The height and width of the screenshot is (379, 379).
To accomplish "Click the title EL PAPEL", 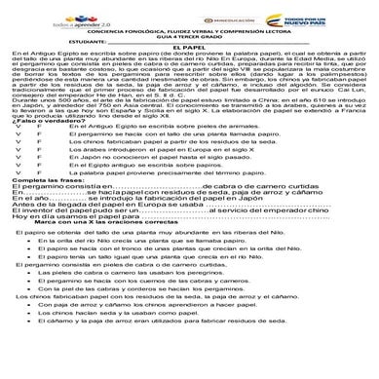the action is click(189, 46).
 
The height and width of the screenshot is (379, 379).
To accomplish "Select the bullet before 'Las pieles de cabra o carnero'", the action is click(32, 325).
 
